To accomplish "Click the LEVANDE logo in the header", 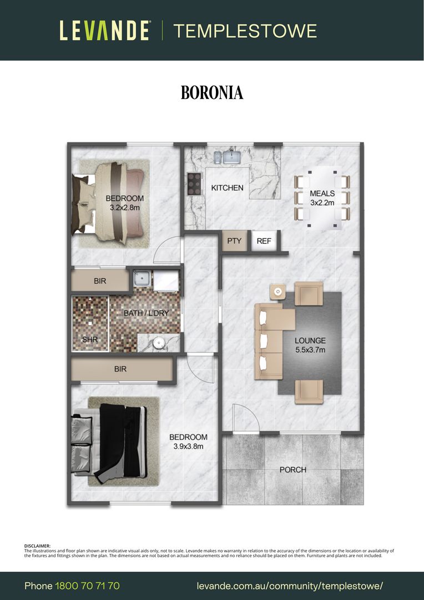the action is (104, 31).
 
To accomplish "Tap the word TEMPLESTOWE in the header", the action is (245, 31).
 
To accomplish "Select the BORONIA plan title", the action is (212, 93).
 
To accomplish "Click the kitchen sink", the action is (228, 157).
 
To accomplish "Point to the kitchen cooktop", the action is (195, 184).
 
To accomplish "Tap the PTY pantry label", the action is (234, 241).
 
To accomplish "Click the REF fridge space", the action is (264, 241).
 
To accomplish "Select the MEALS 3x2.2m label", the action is (322, 198).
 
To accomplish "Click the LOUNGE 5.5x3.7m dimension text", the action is (310, 350).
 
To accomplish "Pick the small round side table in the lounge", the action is (277, 292).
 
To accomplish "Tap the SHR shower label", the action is (90, 339).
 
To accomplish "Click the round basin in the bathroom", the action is (159, 343).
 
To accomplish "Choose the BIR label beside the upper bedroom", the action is (100, 281).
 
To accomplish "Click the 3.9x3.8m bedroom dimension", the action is (188, 446).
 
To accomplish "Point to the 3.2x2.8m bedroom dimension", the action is (125, 208).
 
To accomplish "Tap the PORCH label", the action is (293, 469).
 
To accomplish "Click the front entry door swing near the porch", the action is (246, 418).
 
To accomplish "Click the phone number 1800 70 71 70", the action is (88, 586).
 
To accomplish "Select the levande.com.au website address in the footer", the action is (290, 586).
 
